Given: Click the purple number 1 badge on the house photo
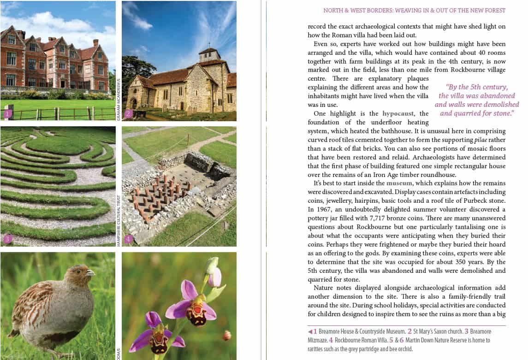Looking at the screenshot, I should tap(7, 113).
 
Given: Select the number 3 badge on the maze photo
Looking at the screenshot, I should tap(7, 239).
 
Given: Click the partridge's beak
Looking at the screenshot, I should tap(91, 273).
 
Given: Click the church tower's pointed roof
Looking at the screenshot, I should tap(210, 50).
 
